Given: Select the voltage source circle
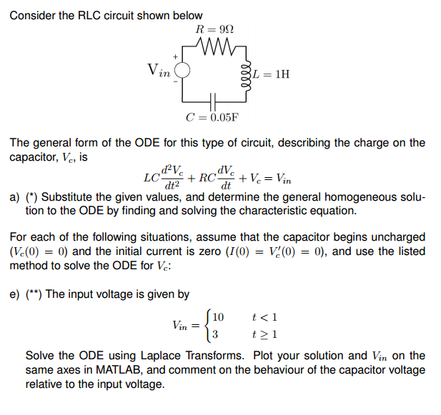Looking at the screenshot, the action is click(x=182, y=71).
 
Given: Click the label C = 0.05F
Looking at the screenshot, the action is click(x=212, y=117).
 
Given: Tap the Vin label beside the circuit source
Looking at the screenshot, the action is click(x=159, y=70).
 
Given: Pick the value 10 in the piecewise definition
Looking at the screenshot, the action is click(x=219, y=316).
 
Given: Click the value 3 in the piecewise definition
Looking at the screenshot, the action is click(x=216, y=334).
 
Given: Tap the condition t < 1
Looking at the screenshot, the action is click(x=265, y=316).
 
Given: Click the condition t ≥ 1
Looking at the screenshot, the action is click(x=265, y=334).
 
